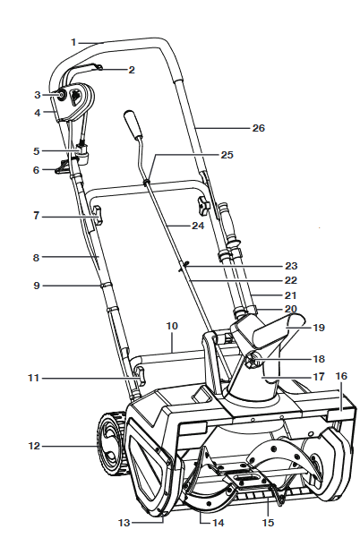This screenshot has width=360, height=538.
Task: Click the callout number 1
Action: (73, 42)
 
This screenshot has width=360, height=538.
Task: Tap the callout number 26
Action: (259, 128)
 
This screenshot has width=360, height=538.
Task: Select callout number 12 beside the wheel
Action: (34, 446)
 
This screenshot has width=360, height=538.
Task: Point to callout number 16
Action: (341, 376)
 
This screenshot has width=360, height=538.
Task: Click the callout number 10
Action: (172, 326)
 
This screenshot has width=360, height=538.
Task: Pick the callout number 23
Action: (291, 266)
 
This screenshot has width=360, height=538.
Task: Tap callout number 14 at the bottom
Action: (218, 523)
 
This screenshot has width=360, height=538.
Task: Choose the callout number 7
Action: (37, 216)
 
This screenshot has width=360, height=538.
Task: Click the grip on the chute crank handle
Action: (133, 124)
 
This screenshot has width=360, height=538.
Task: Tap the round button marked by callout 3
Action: (62, 95)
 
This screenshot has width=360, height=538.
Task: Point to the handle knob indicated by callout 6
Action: (63, 167)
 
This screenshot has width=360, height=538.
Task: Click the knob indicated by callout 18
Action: (252, 362)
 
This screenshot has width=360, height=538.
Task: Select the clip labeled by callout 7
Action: (97, 215)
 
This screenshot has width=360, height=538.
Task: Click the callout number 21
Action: (290, 295)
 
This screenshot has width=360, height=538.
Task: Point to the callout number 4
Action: (37, 113)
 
